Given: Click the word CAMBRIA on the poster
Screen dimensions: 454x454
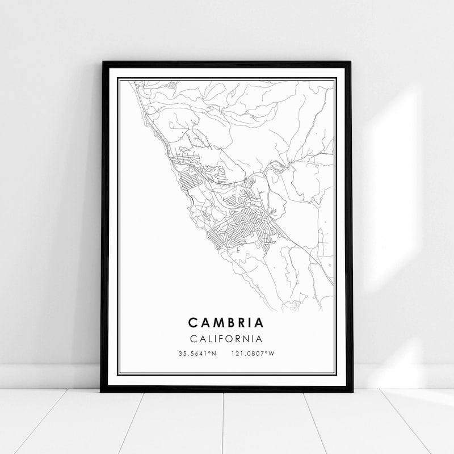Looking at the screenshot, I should [226, 323].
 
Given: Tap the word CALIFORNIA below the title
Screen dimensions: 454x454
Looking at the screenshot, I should [226, 339].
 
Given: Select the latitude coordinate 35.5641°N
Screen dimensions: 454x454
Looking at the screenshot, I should [197, 354].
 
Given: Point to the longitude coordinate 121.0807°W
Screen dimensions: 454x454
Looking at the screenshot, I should [253, 354].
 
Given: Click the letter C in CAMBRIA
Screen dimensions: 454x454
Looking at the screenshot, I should [192, 323].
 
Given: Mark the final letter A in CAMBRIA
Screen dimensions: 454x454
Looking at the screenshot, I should [259, 323].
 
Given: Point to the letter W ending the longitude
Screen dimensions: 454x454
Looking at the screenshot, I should [272, 354].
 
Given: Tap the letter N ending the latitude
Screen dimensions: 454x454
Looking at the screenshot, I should [215, 354].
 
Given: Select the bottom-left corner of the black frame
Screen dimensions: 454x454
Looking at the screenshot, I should [102, 391].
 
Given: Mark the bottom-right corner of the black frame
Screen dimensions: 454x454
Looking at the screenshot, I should [351, 391].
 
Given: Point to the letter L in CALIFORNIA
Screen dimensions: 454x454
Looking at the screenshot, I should [208, 339].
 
